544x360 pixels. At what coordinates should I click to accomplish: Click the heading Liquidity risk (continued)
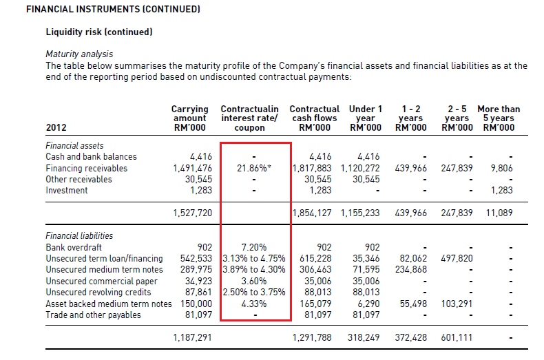[99, 32]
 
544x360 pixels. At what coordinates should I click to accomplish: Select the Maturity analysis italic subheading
[79, 54]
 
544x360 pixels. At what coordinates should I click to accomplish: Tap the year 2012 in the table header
[56, 127]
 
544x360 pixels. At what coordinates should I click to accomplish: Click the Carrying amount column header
[190, 118]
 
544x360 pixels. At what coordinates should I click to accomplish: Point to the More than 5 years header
[499, 118]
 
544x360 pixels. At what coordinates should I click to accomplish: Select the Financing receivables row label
[86, 168]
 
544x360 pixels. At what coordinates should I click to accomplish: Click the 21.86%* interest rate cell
[253, 168]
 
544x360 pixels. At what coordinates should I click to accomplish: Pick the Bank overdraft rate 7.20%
[253, 247]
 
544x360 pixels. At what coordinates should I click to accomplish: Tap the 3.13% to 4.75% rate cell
[253, 258]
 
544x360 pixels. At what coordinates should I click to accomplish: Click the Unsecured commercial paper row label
[101, 282]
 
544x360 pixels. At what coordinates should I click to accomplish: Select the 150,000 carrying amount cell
[196, 304]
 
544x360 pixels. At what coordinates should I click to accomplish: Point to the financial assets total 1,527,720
[193, 213]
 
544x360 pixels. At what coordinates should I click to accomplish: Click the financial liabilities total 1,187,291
[193, 337]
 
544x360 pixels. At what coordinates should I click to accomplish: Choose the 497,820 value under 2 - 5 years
[457, 258]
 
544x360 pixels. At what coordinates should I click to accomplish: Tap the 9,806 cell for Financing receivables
[501, 168]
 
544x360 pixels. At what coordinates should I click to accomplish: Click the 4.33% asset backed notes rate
[253, 304]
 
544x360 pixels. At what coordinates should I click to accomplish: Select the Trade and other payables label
[93, 315]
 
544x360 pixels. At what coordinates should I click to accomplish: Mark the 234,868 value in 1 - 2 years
[411, 269]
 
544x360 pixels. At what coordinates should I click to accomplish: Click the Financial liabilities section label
[79, 236]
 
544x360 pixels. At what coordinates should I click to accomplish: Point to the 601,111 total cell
[457, 337]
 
